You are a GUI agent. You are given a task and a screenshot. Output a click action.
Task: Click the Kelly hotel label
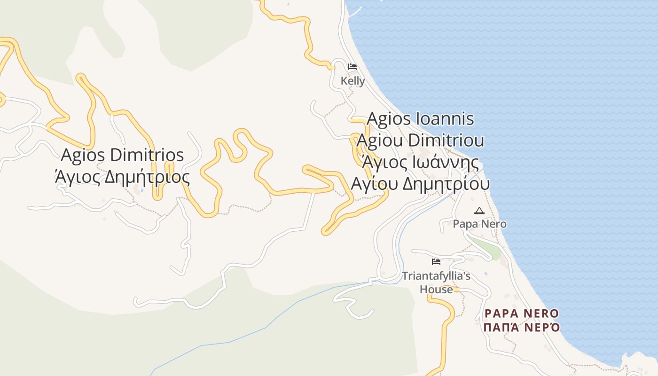pyautogui.click(x=352, y=81)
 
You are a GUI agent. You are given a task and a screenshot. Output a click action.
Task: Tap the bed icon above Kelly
pyautogui.click(x=352, y=67)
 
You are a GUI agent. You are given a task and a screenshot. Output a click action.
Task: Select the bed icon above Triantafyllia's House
pyautogui.click(x=436, y=261)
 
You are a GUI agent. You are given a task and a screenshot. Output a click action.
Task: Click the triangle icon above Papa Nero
pyautogui.click(x=479, y=211)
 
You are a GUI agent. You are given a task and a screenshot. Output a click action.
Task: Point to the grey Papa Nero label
pyautogui.click(x=479, y=224)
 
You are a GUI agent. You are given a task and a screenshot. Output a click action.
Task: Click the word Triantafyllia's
pyautogui.click(x=436, y=276)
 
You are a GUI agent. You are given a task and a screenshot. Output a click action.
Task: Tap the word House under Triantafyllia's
pyautogui.click(x=436, y=289)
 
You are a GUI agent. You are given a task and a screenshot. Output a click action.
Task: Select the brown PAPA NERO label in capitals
pyautogui.click(x=522, y=313)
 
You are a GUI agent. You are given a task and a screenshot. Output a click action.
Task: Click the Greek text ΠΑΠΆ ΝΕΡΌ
pyautogui.click(x=522, y=327)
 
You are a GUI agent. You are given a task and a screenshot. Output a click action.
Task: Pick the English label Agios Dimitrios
pyautogui.click(x=123, y=155)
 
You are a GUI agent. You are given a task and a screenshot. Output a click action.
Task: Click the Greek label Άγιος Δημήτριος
pyautogui.click(x=123, y=177)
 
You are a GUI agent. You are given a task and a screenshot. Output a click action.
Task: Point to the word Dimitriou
pyautogui.click(x=446, y=141)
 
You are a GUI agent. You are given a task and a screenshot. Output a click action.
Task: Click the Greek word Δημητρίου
pyautogui.click(x=446, y=184)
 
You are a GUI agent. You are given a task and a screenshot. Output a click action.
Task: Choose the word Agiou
pyautogui.click(x=380, y=141)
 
